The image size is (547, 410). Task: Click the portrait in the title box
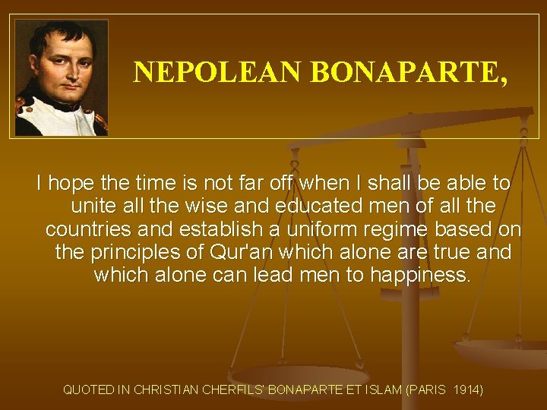click(62, 77)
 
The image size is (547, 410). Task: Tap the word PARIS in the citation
click(428, 390)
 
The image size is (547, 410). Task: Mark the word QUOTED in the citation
click(89, 390)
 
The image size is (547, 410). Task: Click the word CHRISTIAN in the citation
click(163, 390)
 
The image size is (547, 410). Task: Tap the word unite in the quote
click(93, 206)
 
